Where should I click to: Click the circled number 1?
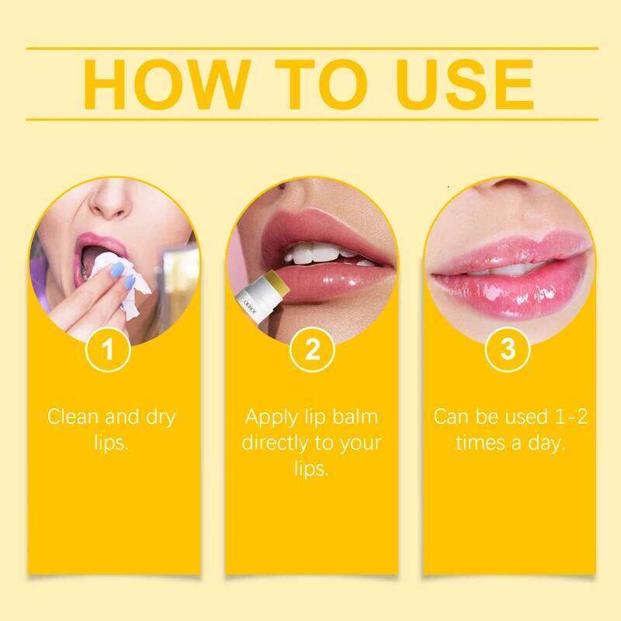tap(109, 349)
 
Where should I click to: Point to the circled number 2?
tap(311, 349)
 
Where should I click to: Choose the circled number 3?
tap(508, 349)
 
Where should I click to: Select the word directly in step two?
tap(273, 443)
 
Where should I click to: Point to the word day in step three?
tap(548, 443)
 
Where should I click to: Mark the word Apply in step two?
tap(271, 417)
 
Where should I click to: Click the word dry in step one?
tap(158, 417)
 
